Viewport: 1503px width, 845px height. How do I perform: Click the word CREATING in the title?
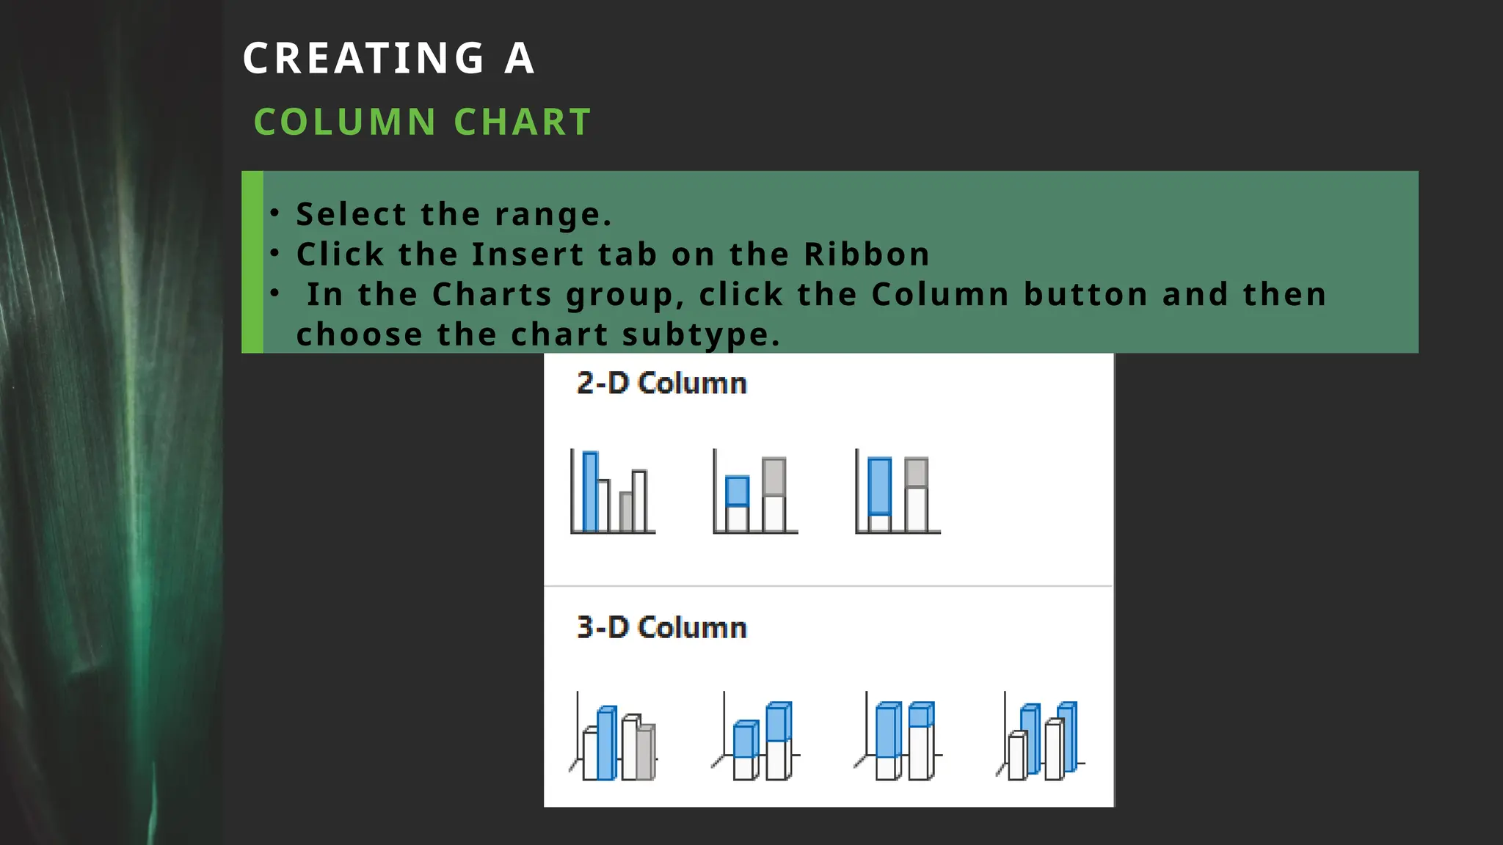(364, 59)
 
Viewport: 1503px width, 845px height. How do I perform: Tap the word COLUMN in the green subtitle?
(345, 122)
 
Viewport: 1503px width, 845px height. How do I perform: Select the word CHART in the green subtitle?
(523, 122)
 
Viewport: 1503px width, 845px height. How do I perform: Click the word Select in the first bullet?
(351, 214)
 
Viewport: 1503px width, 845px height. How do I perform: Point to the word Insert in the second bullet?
(528, 255)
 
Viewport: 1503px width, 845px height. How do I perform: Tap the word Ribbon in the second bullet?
(867, 255)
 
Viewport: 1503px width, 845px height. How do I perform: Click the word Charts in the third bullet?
(492, 295)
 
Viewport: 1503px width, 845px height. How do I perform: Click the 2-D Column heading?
(661, 384)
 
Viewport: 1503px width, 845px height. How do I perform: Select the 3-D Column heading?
(661, 628)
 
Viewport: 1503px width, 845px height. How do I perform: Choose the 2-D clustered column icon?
(613, 491)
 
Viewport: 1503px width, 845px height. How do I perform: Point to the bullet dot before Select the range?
(274, 213)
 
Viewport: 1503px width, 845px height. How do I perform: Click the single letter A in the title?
(519, 59)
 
